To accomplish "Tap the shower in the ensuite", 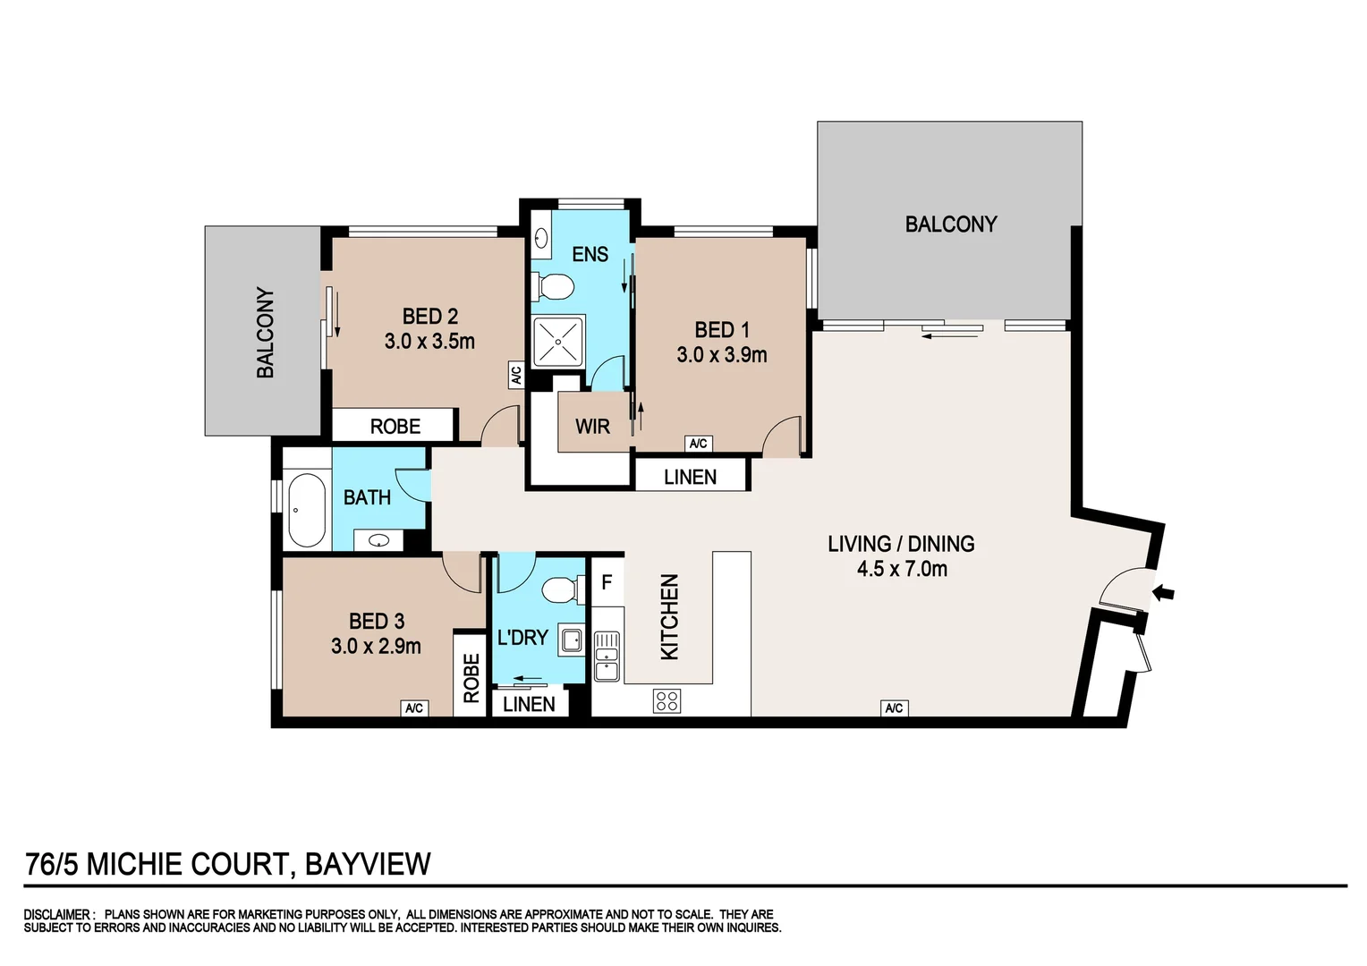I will (x=558, y=341).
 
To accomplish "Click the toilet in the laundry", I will (x=561, y=591).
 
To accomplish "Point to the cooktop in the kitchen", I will (x=667, y=700).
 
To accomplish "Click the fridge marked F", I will (x=607, y=583).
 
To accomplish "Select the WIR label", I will (x=592, y=427).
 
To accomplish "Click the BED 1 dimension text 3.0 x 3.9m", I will (x=721, y=355).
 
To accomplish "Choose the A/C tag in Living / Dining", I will (x=894, y=708).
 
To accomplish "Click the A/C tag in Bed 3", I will (x=413, y=708).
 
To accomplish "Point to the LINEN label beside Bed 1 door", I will (x=690, y=478).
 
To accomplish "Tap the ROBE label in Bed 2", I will (x=395, y=427).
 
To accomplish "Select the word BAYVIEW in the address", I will (x=368, y=864).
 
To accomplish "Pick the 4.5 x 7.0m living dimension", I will (x=901, y=569).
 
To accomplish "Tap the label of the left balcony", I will (x=266, y=332).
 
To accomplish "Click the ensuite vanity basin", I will (x=541, y=238).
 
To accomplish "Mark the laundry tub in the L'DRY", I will (x=571, y=640).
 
